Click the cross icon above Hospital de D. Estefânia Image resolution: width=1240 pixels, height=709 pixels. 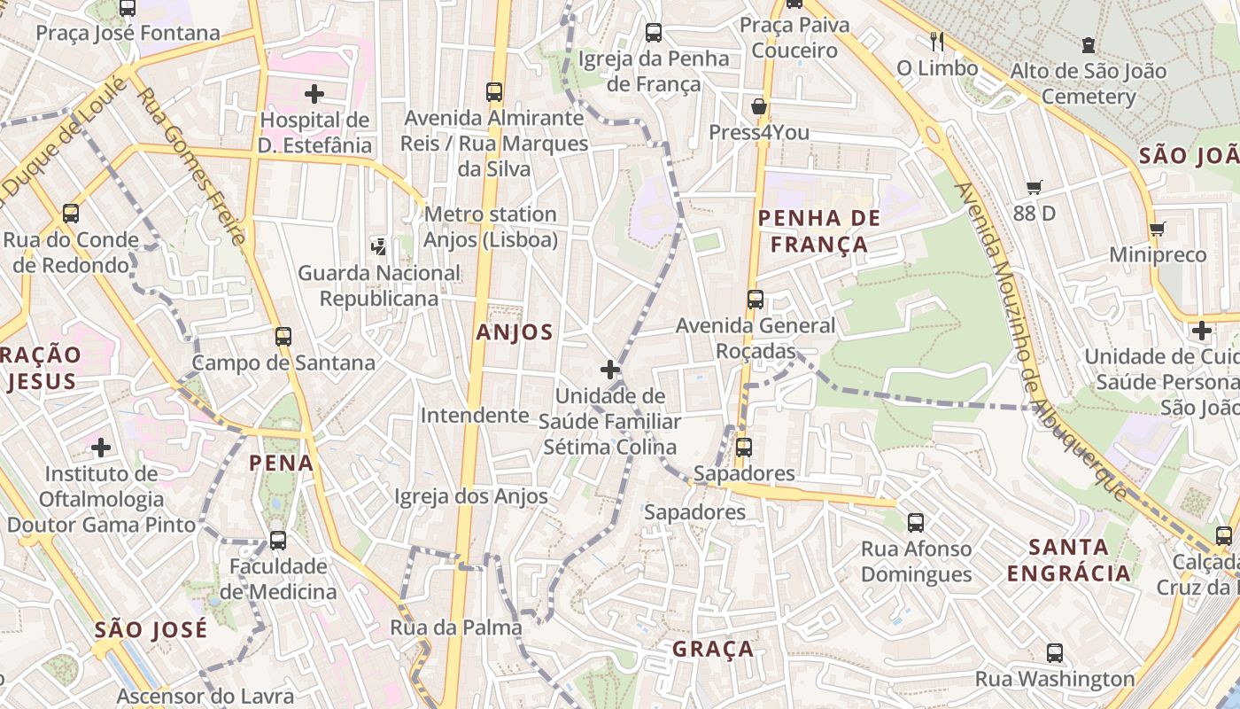(x=314, y=93)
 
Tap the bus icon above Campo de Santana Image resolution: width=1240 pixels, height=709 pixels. (x=283, y=337)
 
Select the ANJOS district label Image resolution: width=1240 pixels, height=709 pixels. (x=514, y=332)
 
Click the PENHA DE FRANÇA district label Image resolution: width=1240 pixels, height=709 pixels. (x=819, y=231)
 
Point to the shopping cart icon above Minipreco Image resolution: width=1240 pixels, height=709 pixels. (x=1157, y=230)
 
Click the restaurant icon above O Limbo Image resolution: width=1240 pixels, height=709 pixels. (x=937, y=41)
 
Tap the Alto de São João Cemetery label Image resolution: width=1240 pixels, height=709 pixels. (x=1089, y=83)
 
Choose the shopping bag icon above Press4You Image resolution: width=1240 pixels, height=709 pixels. (x=759, y=106)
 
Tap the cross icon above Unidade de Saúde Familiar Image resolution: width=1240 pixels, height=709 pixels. (x=609, y=369)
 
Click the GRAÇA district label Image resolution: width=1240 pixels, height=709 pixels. (x=713, y=649)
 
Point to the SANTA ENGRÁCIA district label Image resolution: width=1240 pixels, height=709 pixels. (x=1069, y=559)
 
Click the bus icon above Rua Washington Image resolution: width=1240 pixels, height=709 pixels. (x=1055, y=653)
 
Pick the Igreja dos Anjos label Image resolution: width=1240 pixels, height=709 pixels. (x=471, y=496)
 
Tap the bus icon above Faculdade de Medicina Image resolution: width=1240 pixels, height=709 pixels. (x=278, y=540)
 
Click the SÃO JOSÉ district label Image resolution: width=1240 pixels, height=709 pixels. (x=151, y=630)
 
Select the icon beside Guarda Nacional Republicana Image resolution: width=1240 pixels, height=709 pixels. (x=379, y=246)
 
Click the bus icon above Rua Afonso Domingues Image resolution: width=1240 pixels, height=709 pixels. (x=916, y=523)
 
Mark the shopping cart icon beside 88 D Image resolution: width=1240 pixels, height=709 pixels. (x=1034, y=187)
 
